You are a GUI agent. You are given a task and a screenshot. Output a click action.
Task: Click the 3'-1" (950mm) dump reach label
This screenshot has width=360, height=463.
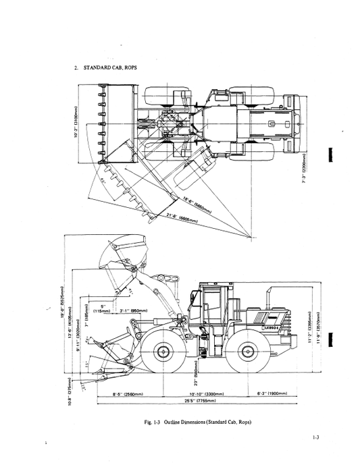pos(125,311)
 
